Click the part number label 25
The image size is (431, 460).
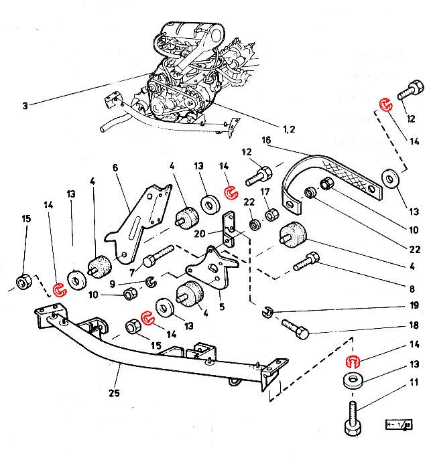tap(115, 393)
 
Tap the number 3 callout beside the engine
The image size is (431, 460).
tap(25, 105)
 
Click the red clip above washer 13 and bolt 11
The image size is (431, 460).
tap(353, 362)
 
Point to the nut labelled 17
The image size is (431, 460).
tap(272, 216)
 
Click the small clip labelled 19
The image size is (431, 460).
tap(267, 310)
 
